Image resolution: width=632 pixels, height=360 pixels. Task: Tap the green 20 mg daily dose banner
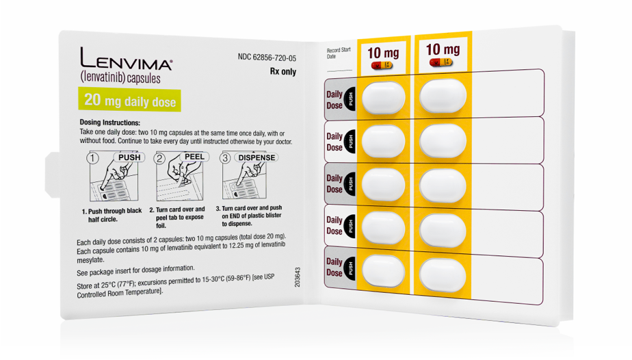130,101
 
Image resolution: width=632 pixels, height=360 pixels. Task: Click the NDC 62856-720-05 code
267,57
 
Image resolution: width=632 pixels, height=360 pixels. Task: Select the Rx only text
283,72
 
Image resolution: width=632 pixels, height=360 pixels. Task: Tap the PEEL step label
194,157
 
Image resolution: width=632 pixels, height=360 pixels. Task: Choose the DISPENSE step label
256,157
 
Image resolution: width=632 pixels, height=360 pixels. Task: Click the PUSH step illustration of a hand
111,180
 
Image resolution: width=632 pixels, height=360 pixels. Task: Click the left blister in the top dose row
383,98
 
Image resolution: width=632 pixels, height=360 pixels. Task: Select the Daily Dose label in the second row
334,142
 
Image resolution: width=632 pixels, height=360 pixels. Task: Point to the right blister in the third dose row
443,184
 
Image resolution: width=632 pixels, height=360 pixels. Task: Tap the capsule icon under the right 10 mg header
442,63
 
